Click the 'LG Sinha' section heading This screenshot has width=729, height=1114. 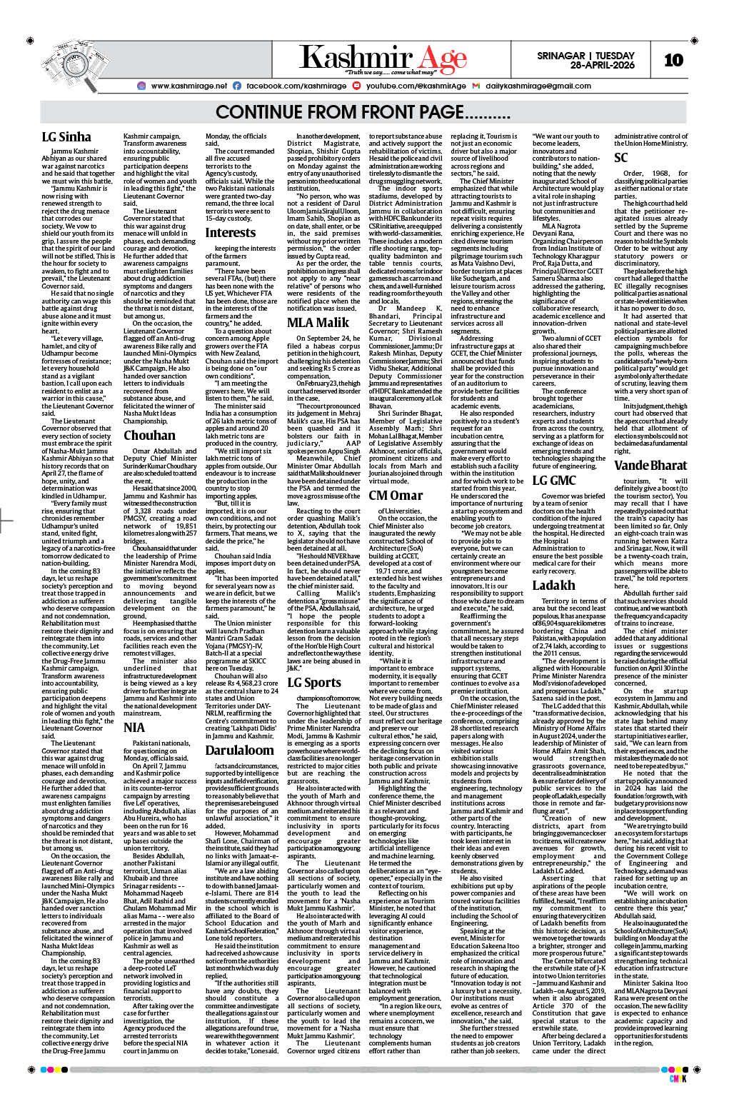click(x=66, y=137)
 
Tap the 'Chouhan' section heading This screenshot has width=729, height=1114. click(x=149, y=435)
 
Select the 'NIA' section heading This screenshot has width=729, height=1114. click(x=134, y=728)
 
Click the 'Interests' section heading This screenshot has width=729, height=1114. click(x=230, y=233)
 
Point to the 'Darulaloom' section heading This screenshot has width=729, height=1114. click(x=240, y=750)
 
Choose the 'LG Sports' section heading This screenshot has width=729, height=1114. click(x=314, y=682)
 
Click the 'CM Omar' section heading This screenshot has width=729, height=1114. click(x=396, y=495)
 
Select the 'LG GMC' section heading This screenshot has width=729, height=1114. click(x=554, y=480)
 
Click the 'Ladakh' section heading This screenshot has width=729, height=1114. click(x=553, y=585)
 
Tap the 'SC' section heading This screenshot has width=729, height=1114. click(x=621, y=157)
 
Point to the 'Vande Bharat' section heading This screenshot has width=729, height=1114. click(x=650, y=466)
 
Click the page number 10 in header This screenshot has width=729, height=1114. click(x=673, y=60)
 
